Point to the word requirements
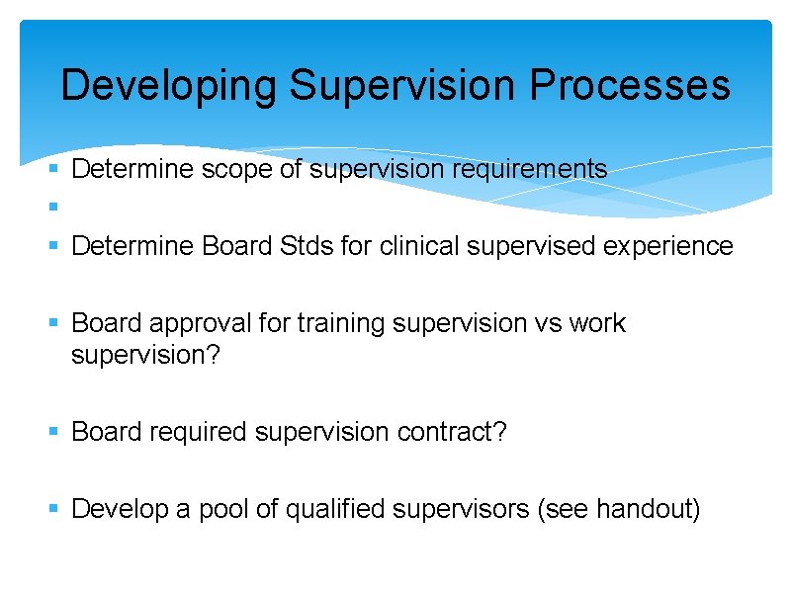coord(530,170)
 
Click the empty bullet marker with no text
coord(54,208)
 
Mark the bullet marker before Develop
coord(54,509)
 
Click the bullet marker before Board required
coord(54,432)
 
